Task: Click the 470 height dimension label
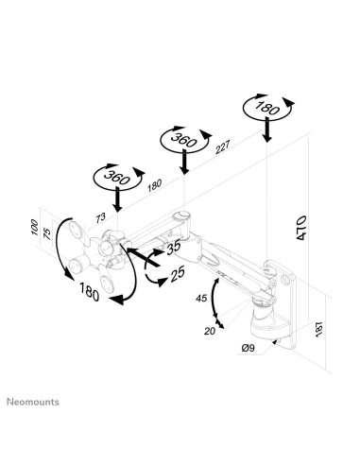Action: pos(300,230)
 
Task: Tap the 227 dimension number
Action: pos(222,147)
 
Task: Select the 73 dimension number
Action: pos(100,218)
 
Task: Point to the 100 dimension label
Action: pos(36,230)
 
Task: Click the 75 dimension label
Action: pos(48,234)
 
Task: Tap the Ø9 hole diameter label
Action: pos(247,349)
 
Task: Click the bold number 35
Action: pos(174,251)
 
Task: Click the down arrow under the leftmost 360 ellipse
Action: pos(116,202)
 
